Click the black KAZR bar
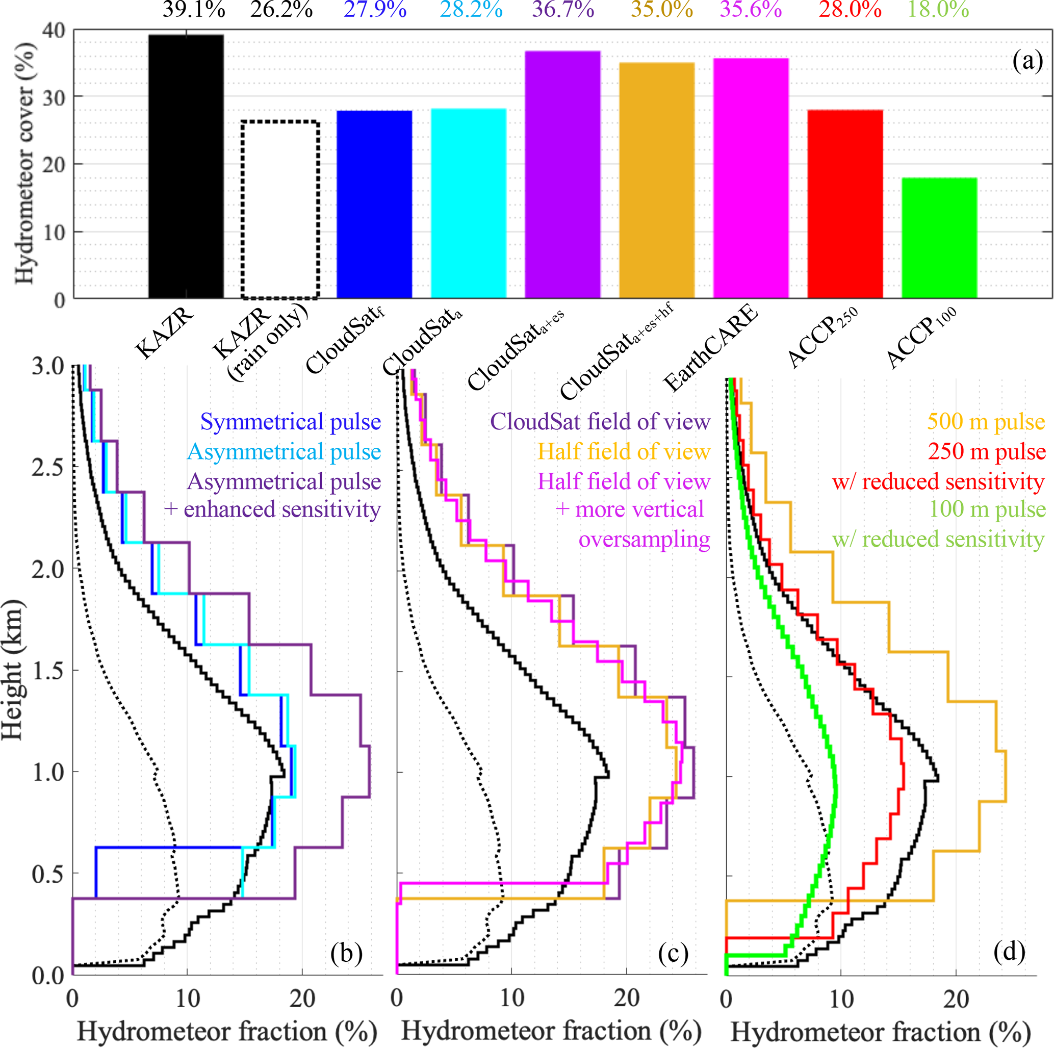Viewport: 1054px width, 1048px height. click(186, 166)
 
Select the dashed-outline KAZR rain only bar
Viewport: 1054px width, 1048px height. click(280, 210)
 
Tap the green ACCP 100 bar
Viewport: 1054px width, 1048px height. click(939, 238)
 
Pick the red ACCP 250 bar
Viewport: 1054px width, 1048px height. click(845, 204)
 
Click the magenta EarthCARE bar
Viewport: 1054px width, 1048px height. click(751, 178)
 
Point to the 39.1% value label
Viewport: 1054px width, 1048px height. click(194, 10)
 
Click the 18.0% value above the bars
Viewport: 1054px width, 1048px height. click(938, 10)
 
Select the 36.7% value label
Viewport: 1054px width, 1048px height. click(563, 10)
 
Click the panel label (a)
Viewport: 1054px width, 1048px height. click(1027, 61)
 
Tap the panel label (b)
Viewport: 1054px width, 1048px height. click(346, 953)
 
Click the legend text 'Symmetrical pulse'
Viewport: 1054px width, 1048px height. click(290, 422)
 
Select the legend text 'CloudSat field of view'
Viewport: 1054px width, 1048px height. click(600, 422)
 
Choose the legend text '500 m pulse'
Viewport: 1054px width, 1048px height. click(986, 422)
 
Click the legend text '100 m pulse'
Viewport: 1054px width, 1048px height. click(987, 509)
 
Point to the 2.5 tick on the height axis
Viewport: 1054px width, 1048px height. click(48, 468)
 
